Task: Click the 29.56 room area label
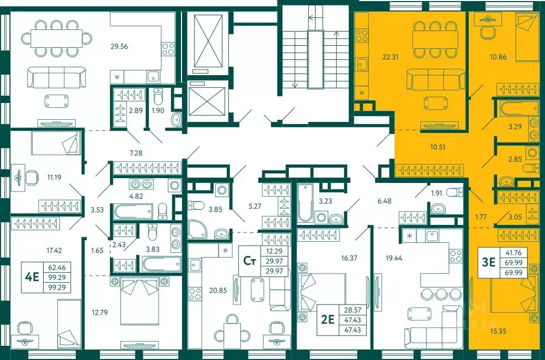pyautogui.click(x=119, y=46)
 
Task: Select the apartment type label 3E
pyautogui.click(x=488, y=262)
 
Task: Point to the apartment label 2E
pyautogui.click(x=328, y=319)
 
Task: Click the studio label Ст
pyautogui.click(x=249, y=261)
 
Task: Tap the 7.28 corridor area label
pyautogui.click(x=136, y=152)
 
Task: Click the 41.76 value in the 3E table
pyautogui.click(x=513, y=253)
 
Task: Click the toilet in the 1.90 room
pyautogui.click(x=158, y=97)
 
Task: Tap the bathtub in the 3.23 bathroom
pyautogui.click(x=305, y=203)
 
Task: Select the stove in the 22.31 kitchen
pyautogui.click(x=362, y=34)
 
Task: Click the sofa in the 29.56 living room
pyautogui.click(x=57, y=77)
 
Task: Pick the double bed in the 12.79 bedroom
pyautogui.click(x=139, y=300)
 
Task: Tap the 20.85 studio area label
pyautogui.click(x=218, y=290)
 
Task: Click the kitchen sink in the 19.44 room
pyautogui.click(x=433, y=236)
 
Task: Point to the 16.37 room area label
pyautogui.click(x=349, y=258)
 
